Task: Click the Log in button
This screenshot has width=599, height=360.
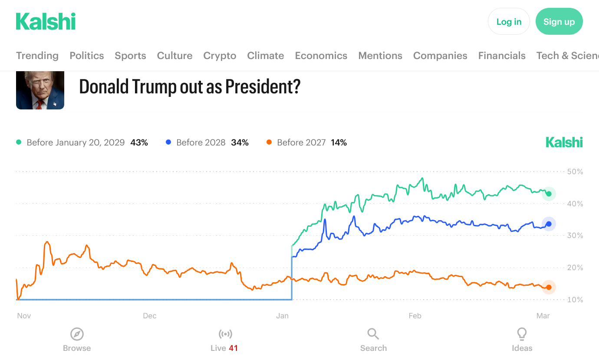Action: click(509, 22)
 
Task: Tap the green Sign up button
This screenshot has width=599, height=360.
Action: click(559, 22)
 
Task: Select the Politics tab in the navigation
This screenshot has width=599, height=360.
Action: click(87, 56)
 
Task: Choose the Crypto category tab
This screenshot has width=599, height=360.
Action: click(220, 56)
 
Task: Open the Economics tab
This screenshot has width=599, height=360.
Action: click(321, 56)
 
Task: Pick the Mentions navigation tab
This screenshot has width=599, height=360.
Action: click(380, 56)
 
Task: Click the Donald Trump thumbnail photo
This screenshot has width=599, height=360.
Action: click(40, 90)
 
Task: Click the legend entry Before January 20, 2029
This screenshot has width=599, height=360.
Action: click(76, 142)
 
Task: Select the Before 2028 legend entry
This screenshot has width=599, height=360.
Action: click(201, 142)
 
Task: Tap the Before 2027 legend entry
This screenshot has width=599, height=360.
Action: click(301, 142)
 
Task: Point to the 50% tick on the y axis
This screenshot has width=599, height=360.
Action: click(575, 172)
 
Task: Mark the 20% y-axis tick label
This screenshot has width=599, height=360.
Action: click(575, 268)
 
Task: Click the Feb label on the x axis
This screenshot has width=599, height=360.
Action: click(415, 316)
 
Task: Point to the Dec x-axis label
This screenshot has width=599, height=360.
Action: click(150, 316)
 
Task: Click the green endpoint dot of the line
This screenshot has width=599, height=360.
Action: click(549, 194)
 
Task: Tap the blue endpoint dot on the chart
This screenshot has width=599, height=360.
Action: click(549, 224)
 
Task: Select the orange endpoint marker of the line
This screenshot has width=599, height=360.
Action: click(549, 287)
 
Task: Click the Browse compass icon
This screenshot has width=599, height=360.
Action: click(77, 334)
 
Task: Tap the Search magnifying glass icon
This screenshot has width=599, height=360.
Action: click(373, 334)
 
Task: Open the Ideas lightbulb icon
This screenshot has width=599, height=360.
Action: click(522, 334)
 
